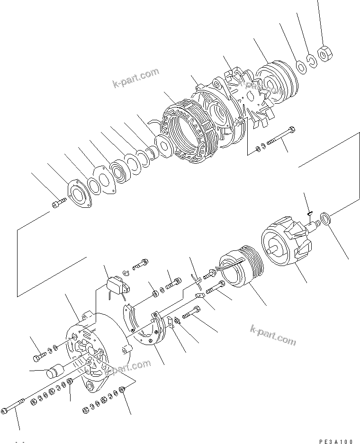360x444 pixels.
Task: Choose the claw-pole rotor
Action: tap(287, 246)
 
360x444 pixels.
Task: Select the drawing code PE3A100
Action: tap(336, 441)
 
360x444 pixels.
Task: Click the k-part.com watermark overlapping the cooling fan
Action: tap(258, 85)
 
